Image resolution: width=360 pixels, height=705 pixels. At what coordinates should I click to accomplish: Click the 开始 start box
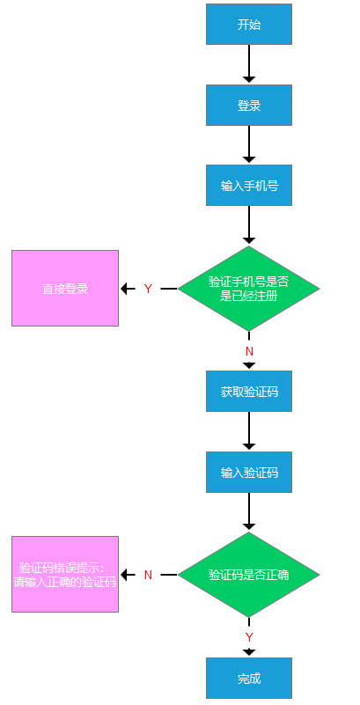[249, 24]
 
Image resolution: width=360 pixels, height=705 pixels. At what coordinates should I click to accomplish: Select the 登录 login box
[249, 105]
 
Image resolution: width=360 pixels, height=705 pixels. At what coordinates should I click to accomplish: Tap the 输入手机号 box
[249, 186]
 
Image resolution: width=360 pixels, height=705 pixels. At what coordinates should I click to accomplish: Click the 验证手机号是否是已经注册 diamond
[249, 289]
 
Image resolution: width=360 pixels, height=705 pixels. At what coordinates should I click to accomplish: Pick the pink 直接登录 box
[65, 288]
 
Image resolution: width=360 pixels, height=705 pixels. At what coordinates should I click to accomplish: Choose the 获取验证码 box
[249, 390]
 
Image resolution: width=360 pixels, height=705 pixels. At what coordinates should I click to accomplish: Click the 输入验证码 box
[249, 472]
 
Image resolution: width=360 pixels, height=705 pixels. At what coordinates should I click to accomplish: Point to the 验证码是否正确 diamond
[249, 575]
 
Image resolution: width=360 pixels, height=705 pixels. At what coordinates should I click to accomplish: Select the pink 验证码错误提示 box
[65, 574]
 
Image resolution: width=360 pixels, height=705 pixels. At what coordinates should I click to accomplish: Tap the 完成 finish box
[249, 679]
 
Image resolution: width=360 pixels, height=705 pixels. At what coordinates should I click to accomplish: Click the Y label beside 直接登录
[148, 289]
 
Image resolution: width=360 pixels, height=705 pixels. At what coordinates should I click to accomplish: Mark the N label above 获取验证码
[249, 351]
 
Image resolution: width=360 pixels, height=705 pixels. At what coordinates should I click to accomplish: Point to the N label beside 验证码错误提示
[148, 575]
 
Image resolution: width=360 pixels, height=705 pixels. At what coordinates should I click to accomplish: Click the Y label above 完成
[249, 636]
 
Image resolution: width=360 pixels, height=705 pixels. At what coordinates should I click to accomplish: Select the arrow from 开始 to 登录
[249, 63]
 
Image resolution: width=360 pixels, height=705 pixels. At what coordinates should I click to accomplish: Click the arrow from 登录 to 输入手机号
[249, 144]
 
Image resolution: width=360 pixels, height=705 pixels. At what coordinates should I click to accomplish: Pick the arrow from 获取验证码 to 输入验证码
[249, 430]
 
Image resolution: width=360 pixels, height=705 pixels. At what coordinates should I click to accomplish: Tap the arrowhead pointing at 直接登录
[126, 289]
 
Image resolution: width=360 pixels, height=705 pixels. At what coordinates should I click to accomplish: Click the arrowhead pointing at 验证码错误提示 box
[126, 575]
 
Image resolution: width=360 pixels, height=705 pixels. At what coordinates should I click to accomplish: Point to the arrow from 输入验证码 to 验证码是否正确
[249, 512]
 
